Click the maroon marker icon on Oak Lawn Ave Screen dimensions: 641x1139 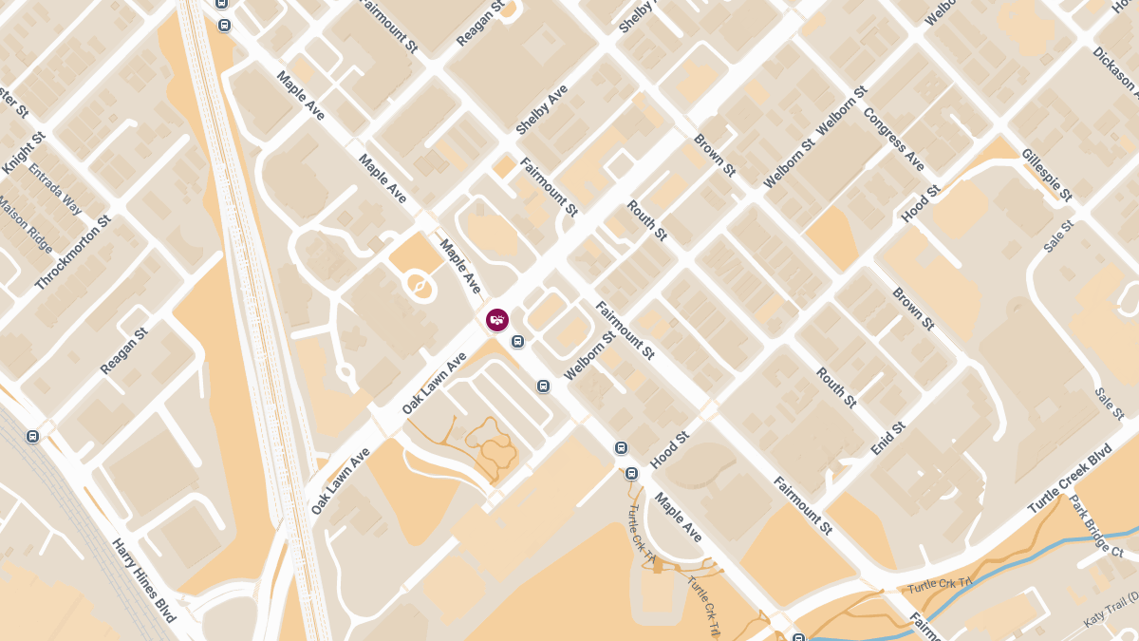point(497,320)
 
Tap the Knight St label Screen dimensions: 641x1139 point(24,153)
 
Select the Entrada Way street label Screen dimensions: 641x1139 point(55,191)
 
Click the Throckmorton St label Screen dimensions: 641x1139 point(73,253)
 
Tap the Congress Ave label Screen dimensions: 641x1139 point(893,140)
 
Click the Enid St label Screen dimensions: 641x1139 point(888,439)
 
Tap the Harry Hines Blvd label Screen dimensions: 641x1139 point(144,580)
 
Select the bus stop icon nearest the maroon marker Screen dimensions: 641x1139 point(517,342)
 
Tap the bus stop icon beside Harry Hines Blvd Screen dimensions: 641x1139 point(33,436)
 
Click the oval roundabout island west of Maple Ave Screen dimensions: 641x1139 point(419,283)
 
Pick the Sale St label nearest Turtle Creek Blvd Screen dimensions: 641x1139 point(1108,404)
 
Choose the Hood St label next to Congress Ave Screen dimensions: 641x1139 point(921,204)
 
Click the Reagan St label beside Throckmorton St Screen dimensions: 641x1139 point(124,351)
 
